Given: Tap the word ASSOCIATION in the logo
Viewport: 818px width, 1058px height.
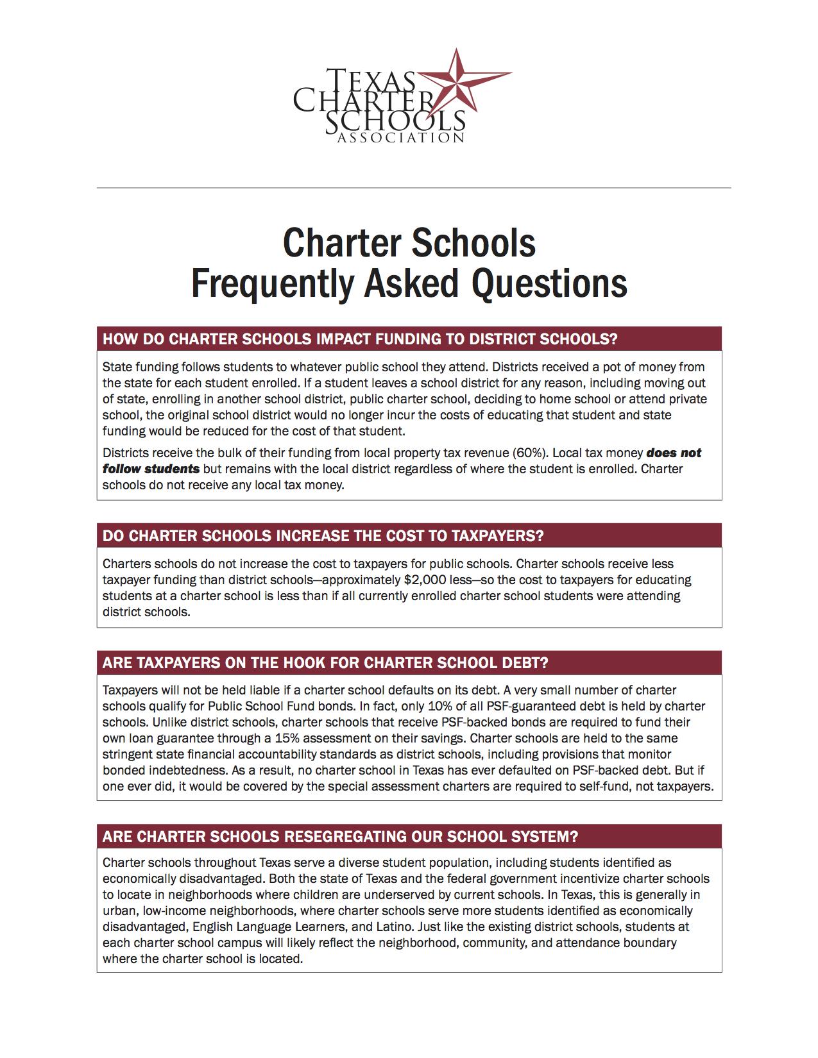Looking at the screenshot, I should tap(401, 138).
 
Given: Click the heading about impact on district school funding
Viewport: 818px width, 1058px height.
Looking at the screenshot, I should tap(359, 339).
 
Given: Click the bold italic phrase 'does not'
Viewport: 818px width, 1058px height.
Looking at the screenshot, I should tap(674, 453).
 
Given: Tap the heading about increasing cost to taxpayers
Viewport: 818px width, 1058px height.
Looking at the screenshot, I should tap(323, 536).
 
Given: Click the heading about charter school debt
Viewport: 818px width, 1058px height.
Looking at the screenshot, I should tap(325, 663).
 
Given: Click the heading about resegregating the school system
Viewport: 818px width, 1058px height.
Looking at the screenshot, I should tap(340, 837).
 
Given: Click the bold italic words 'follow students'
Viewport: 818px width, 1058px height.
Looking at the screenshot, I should tap(151, 469).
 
